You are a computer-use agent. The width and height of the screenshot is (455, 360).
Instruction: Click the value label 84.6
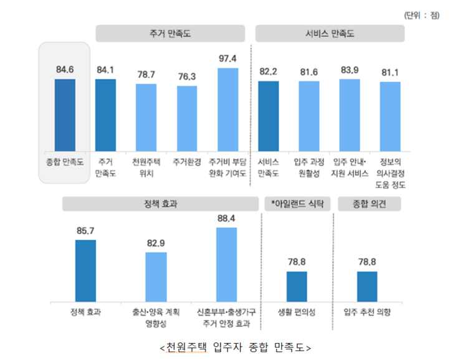point(65,70)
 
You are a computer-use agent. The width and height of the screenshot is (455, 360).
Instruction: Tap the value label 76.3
point(187,77)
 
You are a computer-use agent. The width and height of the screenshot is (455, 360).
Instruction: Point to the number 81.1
point(390,72)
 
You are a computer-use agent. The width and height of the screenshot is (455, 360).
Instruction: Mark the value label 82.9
point(156,243)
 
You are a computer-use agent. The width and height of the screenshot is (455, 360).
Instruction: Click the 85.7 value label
point(85,230)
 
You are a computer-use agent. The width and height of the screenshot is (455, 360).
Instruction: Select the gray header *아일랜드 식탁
point(297,204)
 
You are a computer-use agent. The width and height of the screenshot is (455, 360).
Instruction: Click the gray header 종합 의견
point(369,204)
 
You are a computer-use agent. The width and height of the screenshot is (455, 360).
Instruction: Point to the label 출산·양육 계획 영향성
point(156,317)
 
